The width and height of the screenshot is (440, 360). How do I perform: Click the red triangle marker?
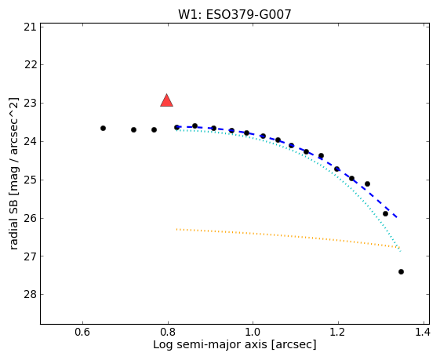tap(167, 100)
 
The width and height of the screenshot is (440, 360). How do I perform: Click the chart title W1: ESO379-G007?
tap(235, 14)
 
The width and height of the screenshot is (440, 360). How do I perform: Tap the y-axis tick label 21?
tap(31, 27)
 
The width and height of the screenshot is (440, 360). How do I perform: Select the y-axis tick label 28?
tap(31, 294)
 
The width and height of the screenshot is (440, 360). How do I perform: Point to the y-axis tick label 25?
tap(31, 180)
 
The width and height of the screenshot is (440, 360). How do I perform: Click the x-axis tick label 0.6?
tap(82, 333)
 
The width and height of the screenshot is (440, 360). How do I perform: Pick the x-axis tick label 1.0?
tap(253, 333)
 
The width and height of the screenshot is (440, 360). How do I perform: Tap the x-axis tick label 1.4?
tap(422, 333)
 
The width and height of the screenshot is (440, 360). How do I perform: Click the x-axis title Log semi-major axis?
tap(210, 344)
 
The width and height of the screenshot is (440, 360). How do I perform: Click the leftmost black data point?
tap(103, 128)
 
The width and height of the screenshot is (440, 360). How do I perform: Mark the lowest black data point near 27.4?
tap(401, 271)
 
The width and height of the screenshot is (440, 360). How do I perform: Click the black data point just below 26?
tap(385, 214)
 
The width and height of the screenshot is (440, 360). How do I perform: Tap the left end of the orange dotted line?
tap(176, 229)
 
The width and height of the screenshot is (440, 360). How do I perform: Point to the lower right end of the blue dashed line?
tap(397, 217)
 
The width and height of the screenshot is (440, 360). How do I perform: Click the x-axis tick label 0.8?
tap(168, 333)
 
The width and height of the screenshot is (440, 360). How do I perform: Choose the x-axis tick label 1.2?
tap(338, 333)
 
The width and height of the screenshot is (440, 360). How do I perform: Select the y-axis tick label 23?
tap(31, 104)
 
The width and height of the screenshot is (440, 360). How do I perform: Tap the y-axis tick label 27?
tap(31, 256)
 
